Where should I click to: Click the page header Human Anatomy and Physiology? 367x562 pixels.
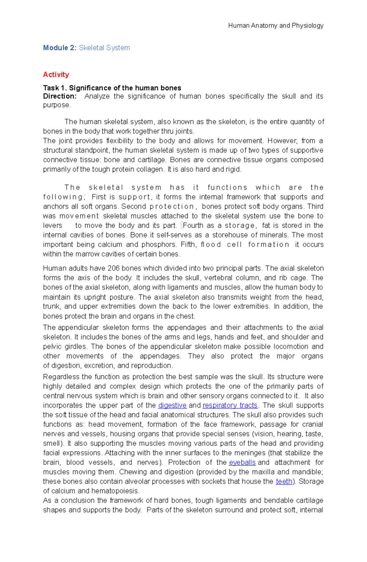point(276,25)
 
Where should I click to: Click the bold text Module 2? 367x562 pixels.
point(60,48)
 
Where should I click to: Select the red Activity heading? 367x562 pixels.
point(56,74)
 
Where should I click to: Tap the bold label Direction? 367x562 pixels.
point(60,96)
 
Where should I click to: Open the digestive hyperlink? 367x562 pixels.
point(172,405)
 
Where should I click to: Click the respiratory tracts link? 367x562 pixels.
point(230,405)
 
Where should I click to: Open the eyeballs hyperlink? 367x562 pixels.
point(242,462)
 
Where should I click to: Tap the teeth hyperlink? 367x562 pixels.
point(284,481)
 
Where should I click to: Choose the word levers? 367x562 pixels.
point(53,225)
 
